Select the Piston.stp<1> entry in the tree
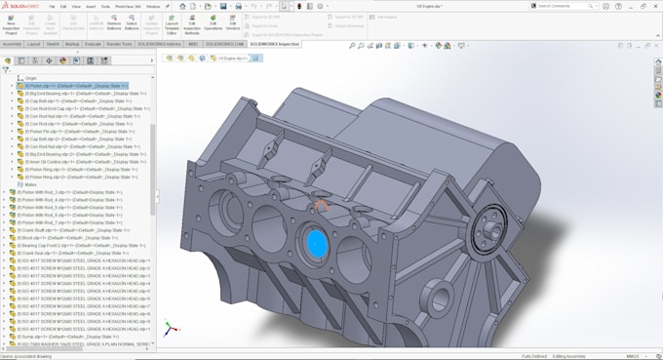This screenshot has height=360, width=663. pyautogui.click(x=68, y=86)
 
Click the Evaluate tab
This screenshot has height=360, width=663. pyautogui.click(x=94, y=44)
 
